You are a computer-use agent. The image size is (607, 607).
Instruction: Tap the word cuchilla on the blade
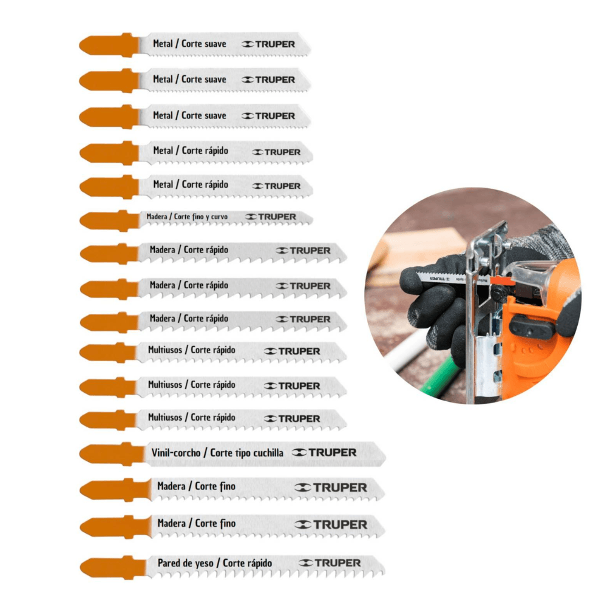266,453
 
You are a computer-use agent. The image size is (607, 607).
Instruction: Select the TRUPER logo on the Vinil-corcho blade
325,452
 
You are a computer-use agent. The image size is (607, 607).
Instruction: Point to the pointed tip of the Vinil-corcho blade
383,454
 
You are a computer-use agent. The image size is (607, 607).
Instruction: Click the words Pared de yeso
185,563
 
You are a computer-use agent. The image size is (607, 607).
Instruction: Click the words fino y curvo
213,216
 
